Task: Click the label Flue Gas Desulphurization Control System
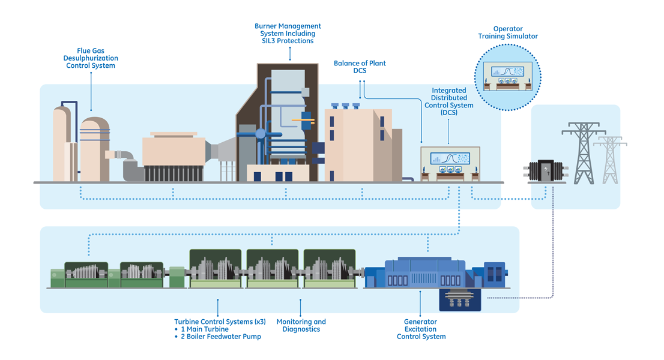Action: [91, 58]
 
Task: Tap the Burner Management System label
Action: [288, 34]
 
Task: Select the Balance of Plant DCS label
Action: [360, 67]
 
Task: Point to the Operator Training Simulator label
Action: [508, 32]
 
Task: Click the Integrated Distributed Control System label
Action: [448, 101]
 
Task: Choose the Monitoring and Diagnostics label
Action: [301, 325]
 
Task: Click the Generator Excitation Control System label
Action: [421, 329]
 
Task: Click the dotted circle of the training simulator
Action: [508, 75]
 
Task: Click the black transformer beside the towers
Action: [546, 171]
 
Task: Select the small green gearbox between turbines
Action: [177, 277]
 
